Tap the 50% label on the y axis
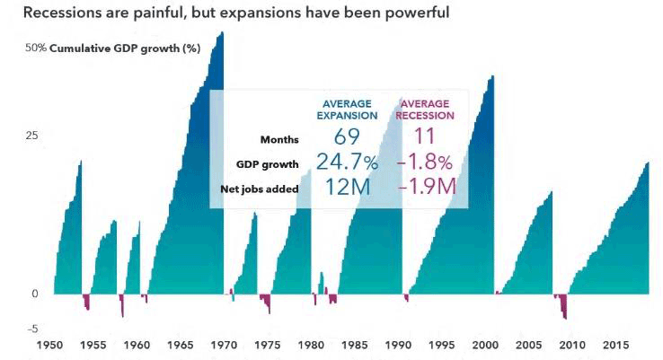click(36, 48)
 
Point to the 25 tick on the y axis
click(31, 136)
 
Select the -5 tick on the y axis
click(32, 329)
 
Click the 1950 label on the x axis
click(50, 346)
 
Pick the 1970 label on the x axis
click(224, 346)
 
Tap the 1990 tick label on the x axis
click(398, 346)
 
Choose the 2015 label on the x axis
click(615, 346)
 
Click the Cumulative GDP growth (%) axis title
click(125, 48)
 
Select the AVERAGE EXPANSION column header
click(347, 110)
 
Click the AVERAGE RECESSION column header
click(425, 110)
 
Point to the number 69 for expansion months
click(347, 136)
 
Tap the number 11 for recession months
click(424, 136)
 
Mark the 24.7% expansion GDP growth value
click(347, 162)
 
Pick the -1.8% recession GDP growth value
click(425, 162)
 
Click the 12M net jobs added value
click(348, 188)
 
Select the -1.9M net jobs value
click(427, 187)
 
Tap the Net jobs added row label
click(260, 189)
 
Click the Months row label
click(279, 139)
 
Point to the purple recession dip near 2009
click(561, 305)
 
